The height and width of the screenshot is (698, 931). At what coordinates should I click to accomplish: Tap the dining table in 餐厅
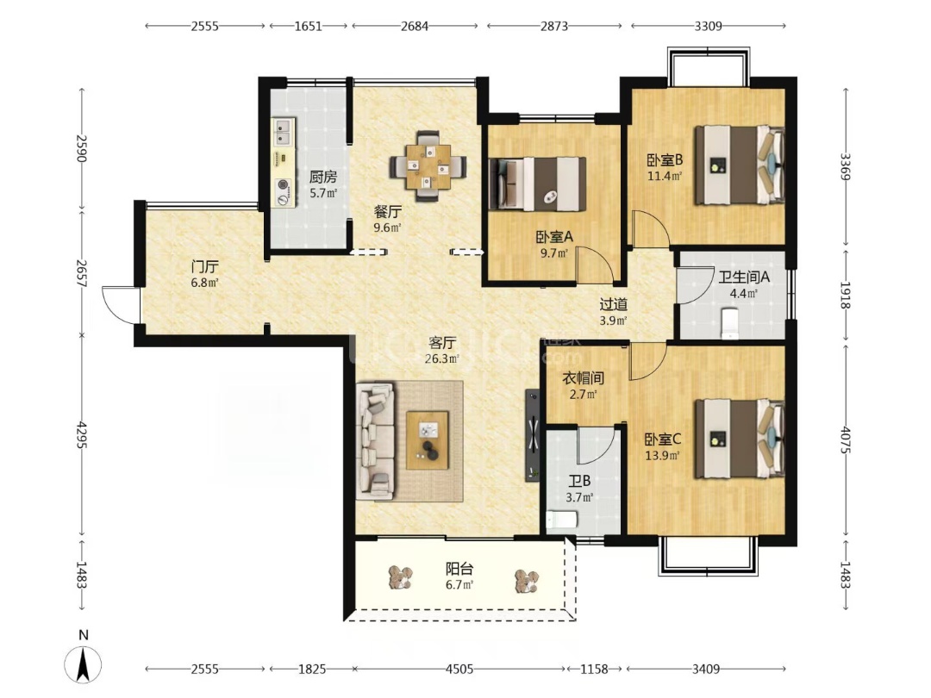tap(428, 167)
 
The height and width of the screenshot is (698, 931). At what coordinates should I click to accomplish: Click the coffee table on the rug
tap(428, 440)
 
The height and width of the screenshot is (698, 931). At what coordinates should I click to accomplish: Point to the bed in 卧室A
tap(537, 184)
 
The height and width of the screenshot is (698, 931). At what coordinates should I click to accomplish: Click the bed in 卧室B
tap(740, 165)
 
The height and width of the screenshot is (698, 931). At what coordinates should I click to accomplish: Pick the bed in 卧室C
tap(740, 439)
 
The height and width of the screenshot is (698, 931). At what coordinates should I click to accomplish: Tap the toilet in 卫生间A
tap(729, 323)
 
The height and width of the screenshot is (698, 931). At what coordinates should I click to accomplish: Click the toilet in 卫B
tap(562, 520)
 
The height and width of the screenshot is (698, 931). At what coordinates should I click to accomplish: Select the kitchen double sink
tap(283, 133)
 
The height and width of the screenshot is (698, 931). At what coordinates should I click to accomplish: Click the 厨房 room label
tap(323, 177)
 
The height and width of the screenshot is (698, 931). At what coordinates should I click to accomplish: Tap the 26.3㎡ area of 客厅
tap(441, 358)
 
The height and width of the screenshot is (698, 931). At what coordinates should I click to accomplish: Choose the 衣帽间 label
tap(583, 378)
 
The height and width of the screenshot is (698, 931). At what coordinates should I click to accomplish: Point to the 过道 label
tap(614, 304)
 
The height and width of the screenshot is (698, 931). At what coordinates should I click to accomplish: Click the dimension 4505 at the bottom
tap(459, 669)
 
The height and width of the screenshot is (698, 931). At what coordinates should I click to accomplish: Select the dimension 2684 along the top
tap(415, 26)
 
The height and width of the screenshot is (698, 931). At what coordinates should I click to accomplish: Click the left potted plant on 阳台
tap(402, 577)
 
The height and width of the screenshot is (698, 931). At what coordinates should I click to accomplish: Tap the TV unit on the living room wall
tap(533, 436)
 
